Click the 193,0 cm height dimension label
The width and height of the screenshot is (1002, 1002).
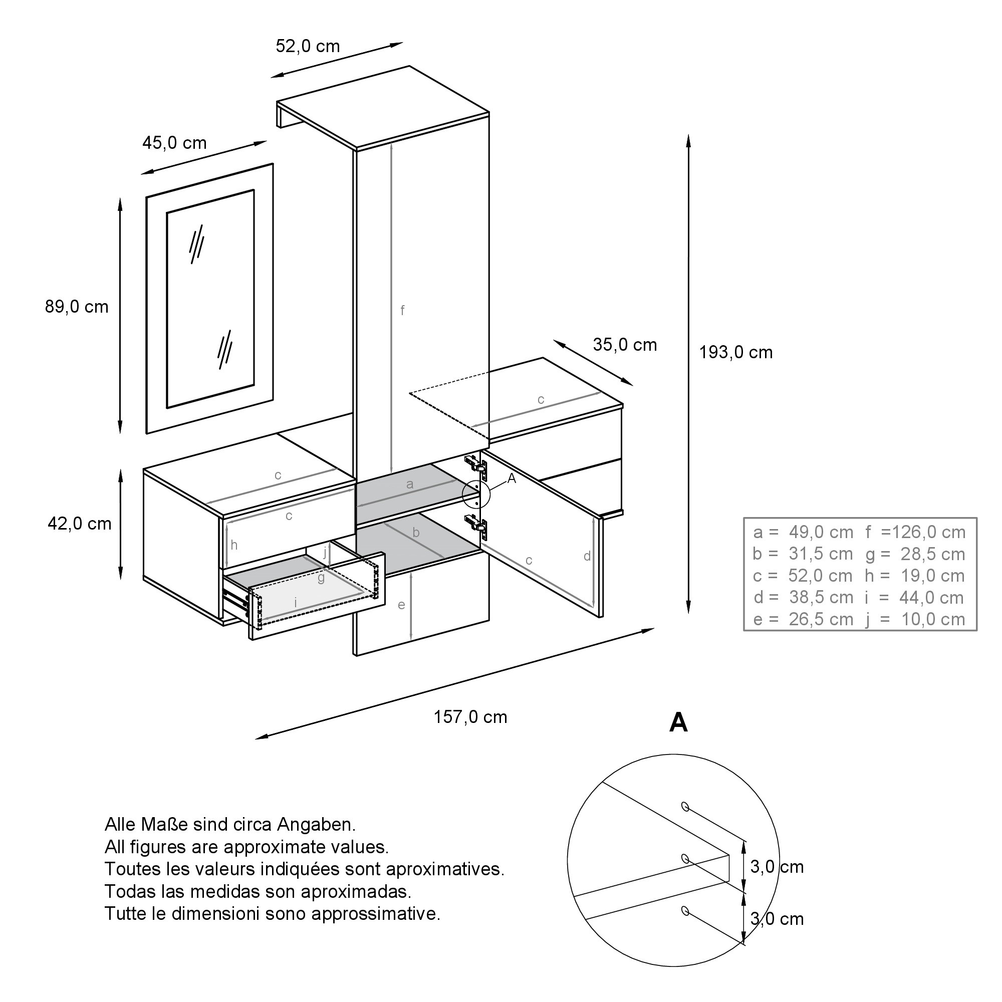pos(735,353)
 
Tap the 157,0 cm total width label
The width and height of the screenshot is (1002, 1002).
pos(470,717)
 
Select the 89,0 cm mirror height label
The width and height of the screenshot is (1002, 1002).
pos(77,307)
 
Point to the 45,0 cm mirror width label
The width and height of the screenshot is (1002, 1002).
pos(174,143)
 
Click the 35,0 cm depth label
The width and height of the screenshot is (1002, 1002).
pos(625,345)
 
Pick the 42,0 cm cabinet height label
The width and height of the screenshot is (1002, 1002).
pos(79,524)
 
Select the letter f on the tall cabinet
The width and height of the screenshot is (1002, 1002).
pos(402,310)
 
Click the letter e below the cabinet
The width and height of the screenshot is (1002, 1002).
pos(401,605)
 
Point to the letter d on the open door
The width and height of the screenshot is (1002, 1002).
pos(587,556)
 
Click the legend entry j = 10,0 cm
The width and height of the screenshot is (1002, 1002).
pos(915,619)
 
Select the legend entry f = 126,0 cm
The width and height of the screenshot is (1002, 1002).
pos(915,532)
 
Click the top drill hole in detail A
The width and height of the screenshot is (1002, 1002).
pos(684,821)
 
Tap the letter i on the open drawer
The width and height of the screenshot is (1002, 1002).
pos(296,602)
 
